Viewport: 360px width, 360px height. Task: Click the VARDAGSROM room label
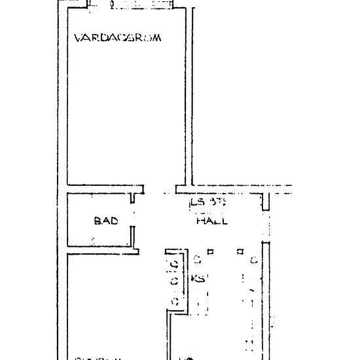point(118,38)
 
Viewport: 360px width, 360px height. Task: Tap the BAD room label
point(105,221)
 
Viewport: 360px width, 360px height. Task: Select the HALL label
point(212,221)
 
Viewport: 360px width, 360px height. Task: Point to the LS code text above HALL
point(207,203)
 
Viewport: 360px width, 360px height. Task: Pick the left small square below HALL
point(210,251)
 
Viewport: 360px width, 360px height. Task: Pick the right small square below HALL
point(240,251)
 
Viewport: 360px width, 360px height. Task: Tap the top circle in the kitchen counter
point(174,264)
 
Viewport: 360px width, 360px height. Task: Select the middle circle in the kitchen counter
point(174,282)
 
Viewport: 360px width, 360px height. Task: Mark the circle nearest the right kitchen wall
point(254,261)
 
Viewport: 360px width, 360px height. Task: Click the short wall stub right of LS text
point(265,202)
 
